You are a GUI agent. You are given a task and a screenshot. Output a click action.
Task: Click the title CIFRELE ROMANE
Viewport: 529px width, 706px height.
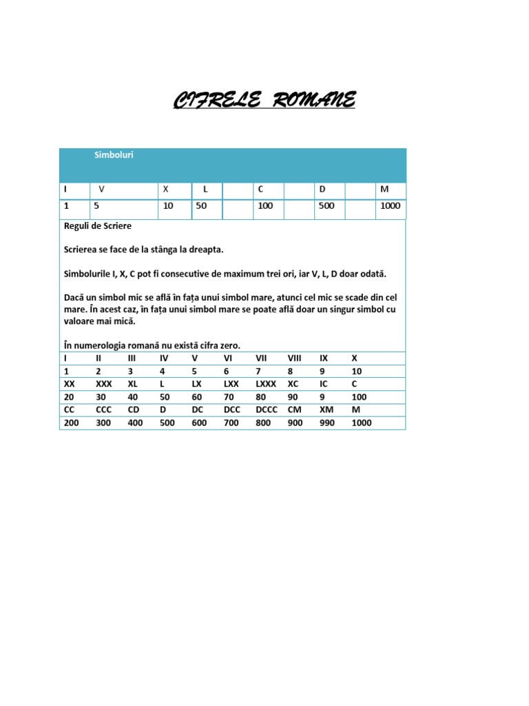pos(264,101)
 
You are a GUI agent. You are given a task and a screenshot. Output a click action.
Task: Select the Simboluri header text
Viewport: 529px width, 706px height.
pos(114,155)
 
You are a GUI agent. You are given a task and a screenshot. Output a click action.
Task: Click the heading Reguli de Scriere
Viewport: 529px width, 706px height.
pos(97,226)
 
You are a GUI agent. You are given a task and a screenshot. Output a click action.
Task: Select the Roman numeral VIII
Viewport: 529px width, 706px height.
pos(294,359)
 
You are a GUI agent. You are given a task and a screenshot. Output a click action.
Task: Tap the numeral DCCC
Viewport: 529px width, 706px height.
pos(267,410)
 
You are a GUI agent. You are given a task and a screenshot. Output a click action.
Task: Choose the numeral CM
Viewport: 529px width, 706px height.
pos(294,410)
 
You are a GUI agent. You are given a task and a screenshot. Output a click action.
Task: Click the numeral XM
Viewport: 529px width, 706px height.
pos(325,410)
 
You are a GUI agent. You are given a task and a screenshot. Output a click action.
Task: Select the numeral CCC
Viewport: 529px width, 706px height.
pos(104,410)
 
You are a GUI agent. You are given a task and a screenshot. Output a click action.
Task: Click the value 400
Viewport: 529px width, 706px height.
pos(135,423)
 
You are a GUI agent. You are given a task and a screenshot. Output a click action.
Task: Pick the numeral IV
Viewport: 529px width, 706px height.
pos(164,359)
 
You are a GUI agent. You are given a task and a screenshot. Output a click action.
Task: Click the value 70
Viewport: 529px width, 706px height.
pos(229,397)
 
